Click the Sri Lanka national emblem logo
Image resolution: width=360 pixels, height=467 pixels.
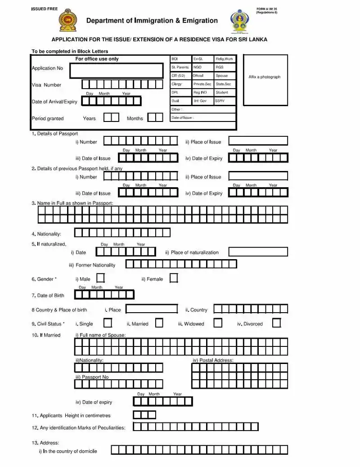(x=68, y=21)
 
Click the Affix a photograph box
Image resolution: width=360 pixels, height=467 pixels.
(x=265, y=80)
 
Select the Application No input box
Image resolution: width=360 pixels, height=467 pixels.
(x=117, y=71)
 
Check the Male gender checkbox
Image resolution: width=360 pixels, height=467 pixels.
(x=101, y=278)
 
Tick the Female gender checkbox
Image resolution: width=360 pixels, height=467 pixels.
(x=174, y=278)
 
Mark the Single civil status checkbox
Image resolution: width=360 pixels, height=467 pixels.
(x=108, y=323)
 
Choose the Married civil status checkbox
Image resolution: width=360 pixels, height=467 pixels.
(x=159, y=323)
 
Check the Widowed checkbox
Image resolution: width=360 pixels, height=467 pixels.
(x=218, y=323)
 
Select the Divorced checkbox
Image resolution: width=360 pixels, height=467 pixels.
(x=277, y=323)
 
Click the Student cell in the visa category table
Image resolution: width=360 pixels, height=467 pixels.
(x=225, y=93)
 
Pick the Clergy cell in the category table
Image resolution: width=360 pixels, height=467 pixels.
(x=180, y=84)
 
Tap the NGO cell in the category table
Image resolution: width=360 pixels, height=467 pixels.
(x=202, y=67)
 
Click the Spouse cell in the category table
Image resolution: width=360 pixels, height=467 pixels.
(x=225, y=76)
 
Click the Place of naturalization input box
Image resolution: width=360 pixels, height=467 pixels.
(x=258, y=252)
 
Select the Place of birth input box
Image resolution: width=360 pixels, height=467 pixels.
(x=152, y=309)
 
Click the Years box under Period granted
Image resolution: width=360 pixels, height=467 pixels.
(x=111, y=117)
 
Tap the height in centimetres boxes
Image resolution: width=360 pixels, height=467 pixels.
(x=144, y=415)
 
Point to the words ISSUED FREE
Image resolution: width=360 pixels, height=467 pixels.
(x=45, y=9)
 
